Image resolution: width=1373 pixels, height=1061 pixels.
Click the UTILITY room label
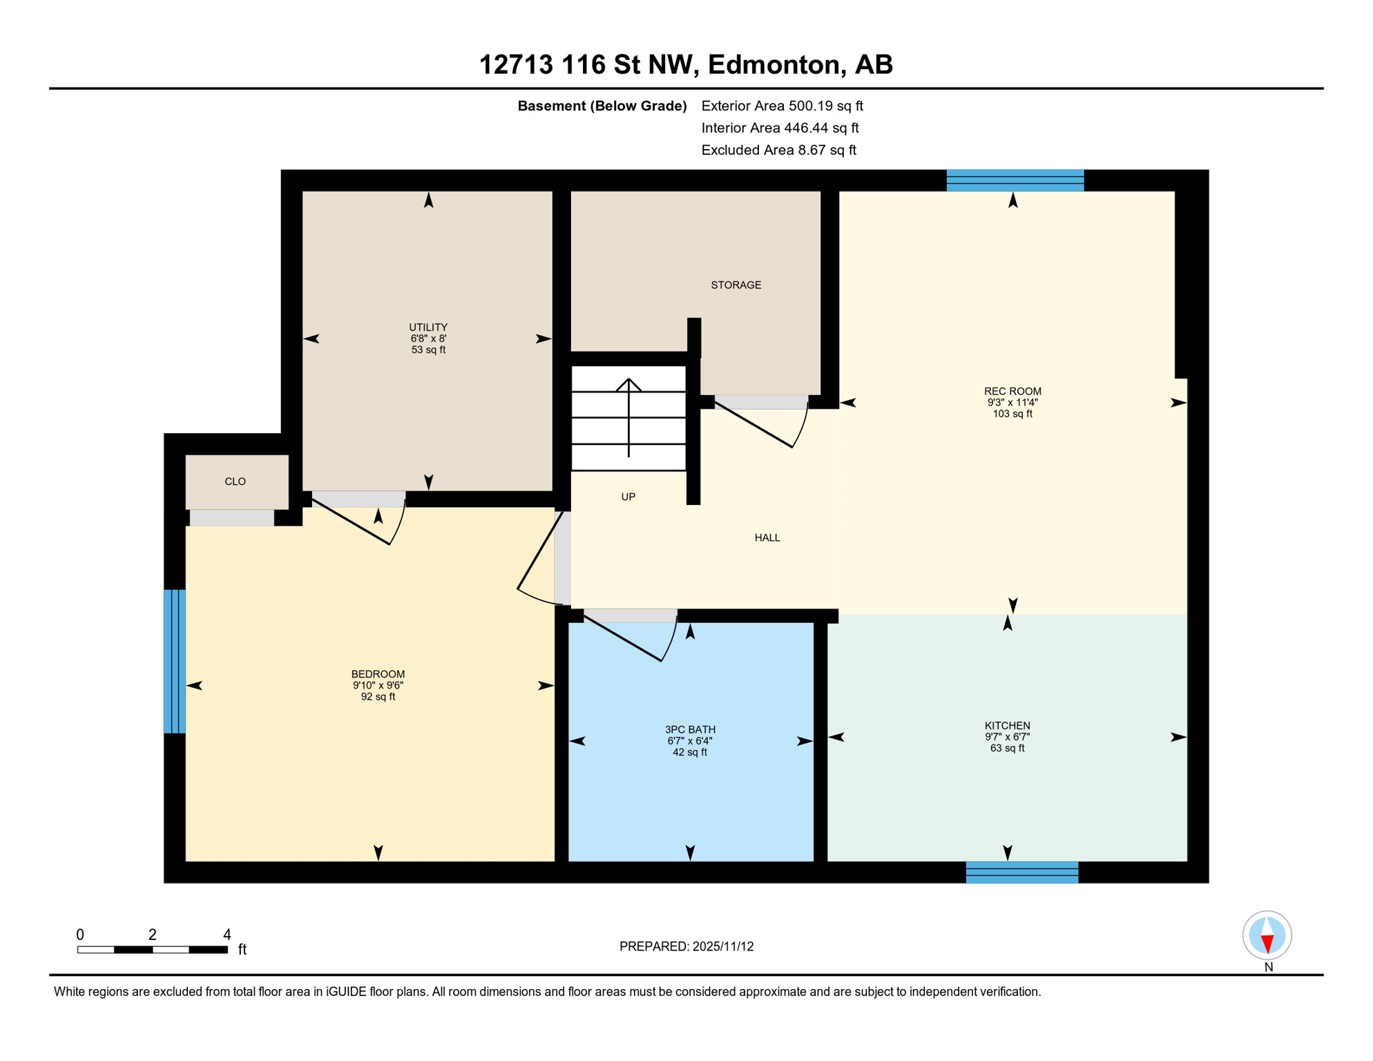tap(428, 327)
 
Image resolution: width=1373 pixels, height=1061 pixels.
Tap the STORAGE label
tap(736, 285)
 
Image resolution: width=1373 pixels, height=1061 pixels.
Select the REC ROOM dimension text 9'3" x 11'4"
tap(1012, 403)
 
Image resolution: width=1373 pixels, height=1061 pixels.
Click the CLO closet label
tap(236, 481)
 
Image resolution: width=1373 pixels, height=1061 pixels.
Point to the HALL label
tap(767, 538)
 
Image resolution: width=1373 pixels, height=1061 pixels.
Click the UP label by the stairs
tap(628, 497)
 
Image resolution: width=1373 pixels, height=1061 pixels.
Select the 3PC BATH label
tap(690, 729)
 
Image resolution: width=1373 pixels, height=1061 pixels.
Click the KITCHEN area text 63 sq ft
tap(1007, 748)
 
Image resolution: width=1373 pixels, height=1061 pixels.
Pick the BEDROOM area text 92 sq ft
tap(378, 697)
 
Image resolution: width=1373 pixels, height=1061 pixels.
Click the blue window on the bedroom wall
tap(175, 661)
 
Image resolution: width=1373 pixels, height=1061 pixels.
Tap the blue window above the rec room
tap(1015, 180)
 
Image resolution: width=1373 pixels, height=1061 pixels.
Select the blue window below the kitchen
tap(1021, 872)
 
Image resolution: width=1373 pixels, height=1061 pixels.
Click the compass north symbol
tap(1267, 936)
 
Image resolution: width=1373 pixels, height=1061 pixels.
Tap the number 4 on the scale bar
tap(227, 935)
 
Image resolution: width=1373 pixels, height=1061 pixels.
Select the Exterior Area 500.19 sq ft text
tap(782, 106)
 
